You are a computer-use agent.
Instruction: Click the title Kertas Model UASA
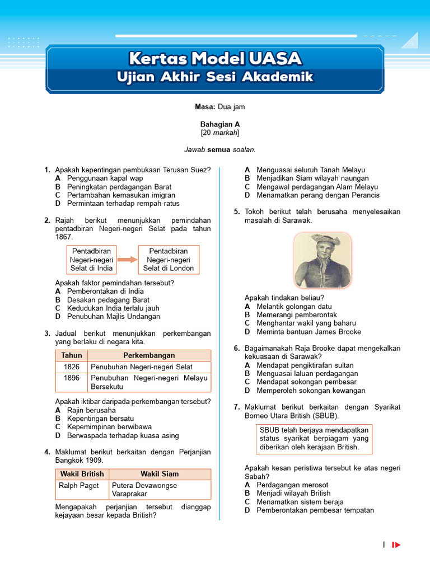215,58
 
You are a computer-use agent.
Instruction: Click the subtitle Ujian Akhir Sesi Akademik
215,77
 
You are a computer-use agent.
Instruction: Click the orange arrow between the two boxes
127,260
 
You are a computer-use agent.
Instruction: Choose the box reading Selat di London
169,260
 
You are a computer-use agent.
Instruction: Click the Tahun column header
72,355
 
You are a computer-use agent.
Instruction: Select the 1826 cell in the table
72,367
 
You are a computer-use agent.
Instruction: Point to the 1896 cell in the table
72,378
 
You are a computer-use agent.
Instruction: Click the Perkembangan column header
149,355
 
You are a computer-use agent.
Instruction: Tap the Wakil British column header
82,474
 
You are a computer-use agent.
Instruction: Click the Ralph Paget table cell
79,486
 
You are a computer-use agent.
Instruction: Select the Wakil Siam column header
160,474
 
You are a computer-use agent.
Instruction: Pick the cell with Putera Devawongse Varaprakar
160,490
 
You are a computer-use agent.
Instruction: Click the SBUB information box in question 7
314,439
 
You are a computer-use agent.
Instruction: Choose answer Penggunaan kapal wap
105,179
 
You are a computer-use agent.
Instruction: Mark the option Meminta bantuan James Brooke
309,332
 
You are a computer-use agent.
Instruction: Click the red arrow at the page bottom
396,545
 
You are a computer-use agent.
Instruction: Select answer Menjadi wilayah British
293,494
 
